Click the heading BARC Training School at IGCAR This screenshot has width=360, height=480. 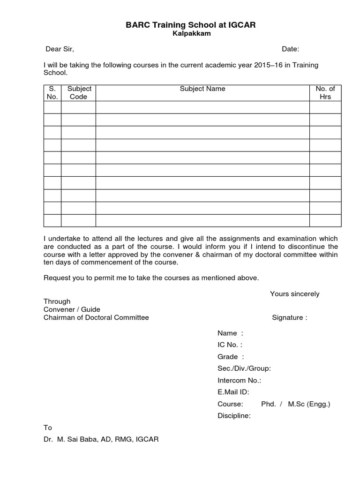tap(190, 25)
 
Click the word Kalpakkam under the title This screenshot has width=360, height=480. tap(190, 34)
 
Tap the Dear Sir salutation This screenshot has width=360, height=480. tap(60, 49)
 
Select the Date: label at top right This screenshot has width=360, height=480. tap(290, 49)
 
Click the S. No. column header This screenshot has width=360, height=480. tap(52, 93)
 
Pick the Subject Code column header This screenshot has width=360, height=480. tap(78, 93)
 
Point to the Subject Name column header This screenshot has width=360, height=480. tap(202, 89)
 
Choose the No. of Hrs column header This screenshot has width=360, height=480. tap(325, 93)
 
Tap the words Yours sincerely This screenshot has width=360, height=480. tap(294, 294)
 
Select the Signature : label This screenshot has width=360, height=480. tap(289, 317)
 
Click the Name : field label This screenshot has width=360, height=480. tap(230, 333)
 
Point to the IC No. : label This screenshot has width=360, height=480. tap(230, 345)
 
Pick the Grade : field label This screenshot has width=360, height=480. tap(231, 357)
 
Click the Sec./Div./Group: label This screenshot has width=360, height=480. tap(244, 368)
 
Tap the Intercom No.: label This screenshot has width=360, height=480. tap(239, 380)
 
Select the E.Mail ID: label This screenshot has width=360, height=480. tap(233, 392)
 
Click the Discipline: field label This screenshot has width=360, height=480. tap(234, 415)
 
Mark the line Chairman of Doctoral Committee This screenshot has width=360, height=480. tap(96, 317)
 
